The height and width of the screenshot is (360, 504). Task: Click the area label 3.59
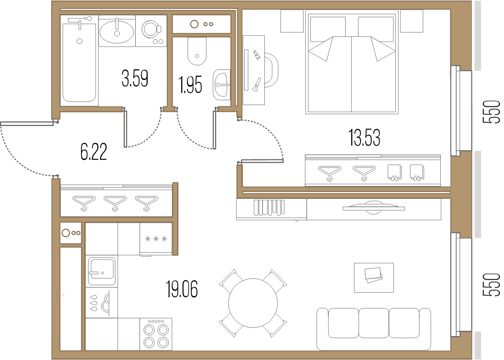[135, 78]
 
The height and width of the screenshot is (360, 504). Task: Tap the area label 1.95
[190, 85]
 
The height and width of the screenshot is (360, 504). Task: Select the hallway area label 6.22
[94, 152]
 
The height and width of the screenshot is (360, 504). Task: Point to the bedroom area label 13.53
[364, 138]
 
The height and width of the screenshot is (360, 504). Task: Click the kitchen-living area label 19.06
[182, 289]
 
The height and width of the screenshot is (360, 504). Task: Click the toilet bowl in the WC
[197, 51]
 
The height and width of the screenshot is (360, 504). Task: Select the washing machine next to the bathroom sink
[151, 31]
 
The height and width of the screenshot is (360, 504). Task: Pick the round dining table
[253, 303]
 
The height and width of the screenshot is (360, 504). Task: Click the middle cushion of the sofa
[374, 323]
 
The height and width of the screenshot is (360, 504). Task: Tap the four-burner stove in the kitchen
[156, 334]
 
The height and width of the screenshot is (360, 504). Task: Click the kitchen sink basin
[102, 271]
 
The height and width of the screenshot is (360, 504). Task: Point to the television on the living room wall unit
[374, 208]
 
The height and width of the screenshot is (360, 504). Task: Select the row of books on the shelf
[269, 208]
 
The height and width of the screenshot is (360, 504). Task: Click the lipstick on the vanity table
[257, 55]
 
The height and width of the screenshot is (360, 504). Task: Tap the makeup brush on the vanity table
[257, 85]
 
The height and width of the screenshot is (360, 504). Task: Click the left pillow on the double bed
[328, 29]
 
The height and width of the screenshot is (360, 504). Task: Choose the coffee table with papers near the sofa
[374, 278]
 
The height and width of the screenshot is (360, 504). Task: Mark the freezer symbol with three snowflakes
[156, 239]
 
